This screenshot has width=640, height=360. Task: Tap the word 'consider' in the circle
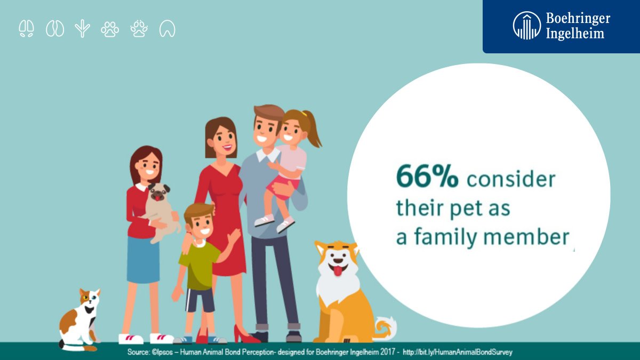pos(511,179)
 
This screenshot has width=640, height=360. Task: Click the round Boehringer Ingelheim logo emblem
pos(527,26)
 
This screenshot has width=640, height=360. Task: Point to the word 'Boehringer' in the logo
pos(578,19)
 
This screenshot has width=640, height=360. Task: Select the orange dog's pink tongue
pos(338,271)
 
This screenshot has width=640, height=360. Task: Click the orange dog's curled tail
pos(386,328)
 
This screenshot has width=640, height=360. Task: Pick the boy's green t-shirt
pos(199,265)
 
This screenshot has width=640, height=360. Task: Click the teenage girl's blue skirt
pos(143,260)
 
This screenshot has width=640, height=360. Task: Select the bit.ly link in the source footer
pos(457,351)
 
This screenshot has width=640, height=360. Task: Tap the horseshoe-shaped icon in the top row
pos(167,29)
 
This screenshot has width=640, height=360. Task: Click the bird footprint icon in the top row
pos(82,29)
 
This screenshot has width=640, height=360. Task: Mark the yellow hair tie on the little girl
pos(303,114)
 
